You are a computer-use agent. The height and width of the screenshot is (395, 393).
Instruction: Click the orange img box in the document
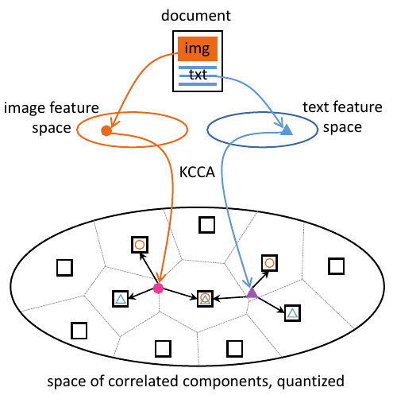pos(198,48)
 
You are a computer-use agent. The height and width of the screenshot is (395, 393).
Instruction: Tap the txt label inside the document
pos(198,75)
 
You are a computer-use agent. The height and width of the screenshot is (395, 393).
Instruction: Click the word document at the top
pos(196,15)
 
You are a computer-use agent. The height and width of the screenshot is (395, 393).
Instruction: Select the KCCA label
pos(197,172)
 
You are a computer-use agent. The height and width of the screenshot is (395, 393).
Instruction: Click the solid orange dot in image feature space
pos(106,130)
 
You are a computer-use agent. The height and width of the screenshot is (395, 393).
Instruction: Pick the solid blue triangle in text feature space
pos(287,130)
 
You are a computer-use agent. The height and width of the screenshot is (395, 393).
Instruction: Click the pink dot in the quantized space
pos(158,289)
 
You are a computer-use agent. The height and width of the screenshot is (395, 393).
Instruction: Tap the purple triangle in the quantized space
pos(252,293)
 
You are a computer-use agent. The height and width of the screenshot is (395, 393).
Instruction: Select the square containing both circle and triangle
pos(205,299)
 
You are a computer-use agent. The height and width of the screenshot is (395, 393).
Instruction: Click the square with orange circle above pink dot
pos(140,245)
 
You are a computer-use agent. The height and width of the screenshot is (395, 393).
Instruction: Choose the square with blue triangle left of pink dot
pos(121,299)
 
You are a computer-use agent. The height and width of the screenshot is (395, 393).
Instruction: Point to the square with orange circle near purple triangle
pos(269,263)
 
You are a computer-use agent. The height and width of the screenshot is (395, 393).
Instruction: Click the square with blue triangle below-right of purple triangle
pos(292,313)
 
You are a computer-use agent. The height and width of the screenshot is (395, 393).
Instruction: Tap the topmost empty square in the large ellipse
pos(206,225)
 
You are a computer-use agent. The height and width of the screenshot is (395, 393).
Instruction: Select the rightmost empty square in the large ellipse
pos(336,266)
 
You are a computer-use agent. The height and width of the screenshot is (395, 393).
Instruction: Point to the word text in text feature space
pos(316,107)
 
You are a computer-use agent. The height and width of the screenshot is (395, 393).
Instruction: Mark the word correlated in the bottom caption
pos(143,381)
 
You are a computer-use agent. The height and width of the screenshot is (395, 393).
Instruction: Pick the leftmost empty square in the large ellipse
pos(64,268)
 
